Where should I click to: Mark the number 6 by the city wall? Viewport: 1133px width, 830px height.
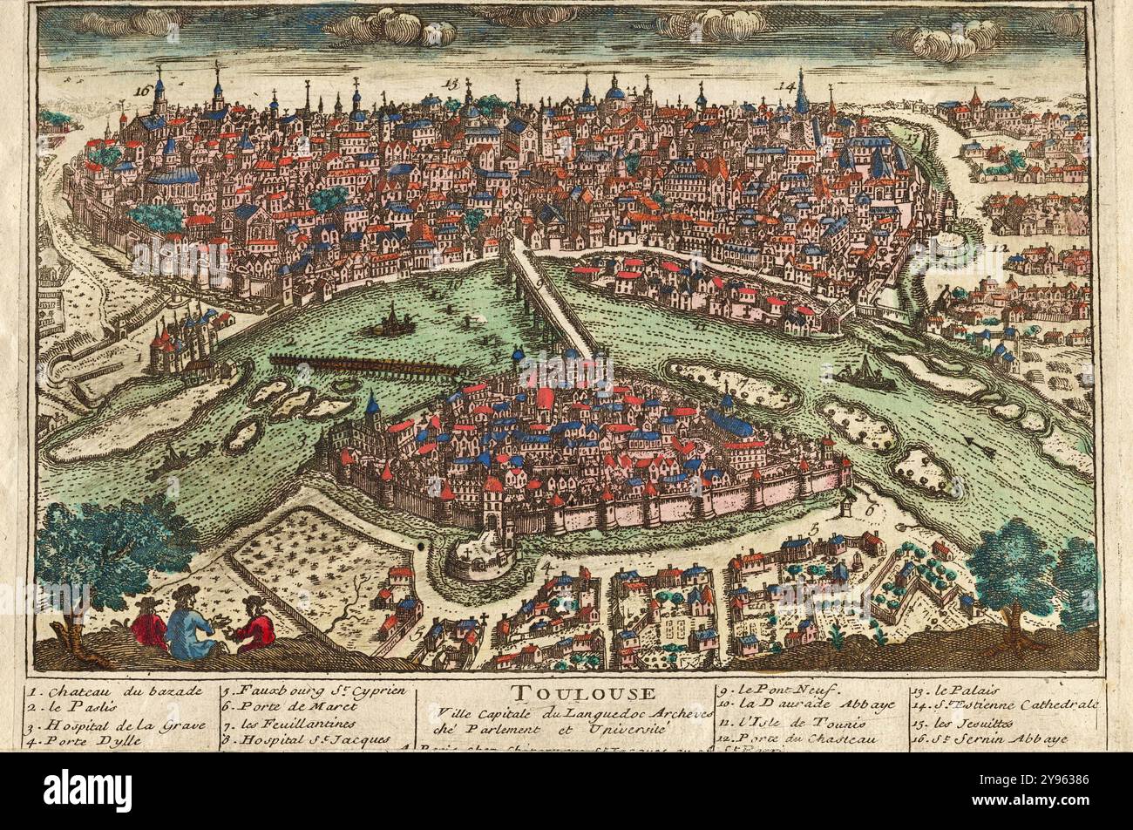(868, 503)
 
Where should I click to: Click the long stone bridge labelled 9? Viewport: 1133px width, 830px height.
(551, 296)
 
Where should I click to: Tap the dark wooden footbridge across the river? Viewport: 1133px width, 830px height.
(362, 364)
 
